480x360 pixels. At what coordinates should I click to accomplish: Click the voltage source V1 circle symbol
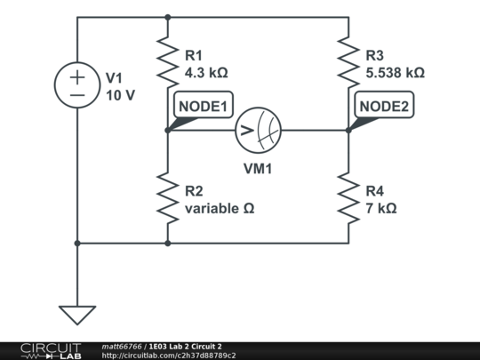77,85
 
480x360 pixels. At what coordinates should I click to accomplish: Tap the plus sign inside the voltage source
77,76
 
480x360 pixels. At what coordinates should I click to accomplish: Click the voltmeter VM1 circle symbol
258,131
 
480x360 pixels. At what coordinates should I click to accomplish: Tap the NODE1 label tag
204,108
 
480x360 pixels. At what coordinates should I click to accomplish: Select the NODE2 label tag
384,108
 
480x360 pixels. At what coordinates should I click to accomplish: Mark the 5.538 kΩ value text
395,72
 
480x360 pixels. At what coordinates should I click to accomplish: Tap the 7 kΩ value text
380,208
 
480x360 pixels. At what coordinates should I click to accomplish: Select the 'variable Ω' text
220,208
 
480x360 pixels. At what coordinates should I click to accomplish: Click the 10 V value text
120,94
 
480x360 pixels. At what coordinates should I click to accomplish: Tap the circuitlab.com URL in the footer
169,356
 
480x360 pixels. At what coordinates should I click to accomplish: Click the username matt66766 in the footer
123,346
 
